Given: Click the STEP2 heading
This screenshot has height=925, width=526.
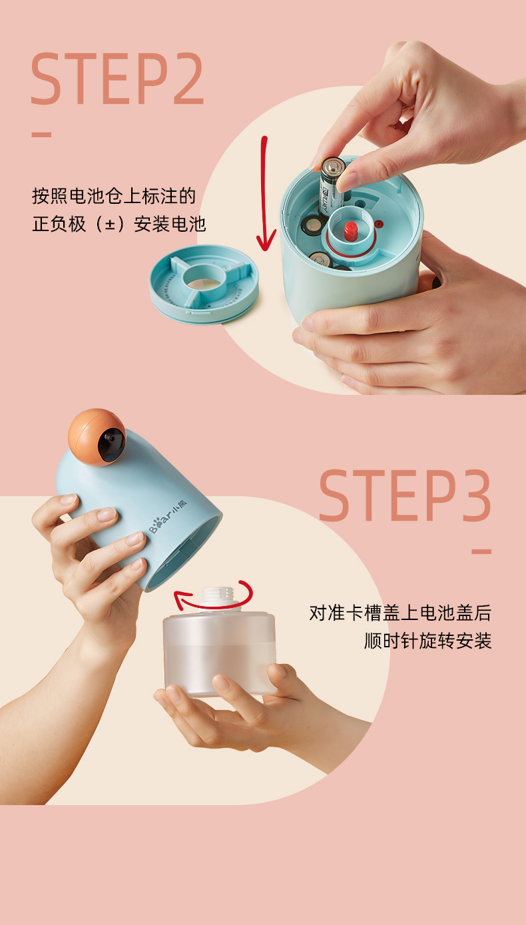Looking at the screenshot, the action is pyautogui.click(x=117, y=79).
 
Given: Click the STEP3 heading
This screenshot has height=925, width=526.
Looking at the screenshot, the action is pyautogui.click(x=405, y=495).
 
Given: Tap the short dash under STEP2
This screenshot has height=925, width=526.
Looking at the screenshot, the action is pyautogui.click(x=41, y=135).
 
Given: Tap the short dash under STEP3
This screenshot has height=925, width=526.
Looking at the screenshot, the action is pyautogui.click(x=481, y=551).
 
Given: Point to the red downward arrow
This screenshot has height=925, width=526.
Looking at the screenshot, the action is pyautogui.click(x=264, y=194).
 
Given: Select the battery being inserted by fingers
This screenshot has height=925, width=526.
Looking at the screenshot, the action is pyautogui.click(x=332, y=186).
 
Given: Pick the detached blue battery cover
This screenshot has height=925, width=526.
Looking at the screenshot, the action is pyautogui.click(x=204, y=284).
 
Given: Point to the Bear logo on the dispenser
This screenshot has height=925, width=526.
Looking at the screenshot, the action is pyautogui.click(x=168, y=516).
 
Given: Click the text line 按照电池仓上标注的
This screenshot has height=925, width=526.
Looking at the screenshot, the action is pyautogui.click(x=114, y=196).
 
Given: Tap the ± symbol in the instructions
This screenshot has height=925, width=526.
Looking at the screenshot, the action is pyautogui.click(x=110, y=224).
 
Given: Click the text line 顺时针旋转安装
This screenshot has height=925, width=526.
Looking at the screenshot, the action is pyautogui.click(x=427, y=641).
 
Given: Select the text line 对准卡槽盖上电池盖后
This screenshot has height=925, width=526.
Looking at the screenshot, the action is pyautogui.click(x=400, y=613).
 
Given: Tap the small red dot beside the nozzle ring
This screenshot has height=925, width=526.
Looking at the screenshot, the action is pyautogui.click(x=378, y=224).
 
